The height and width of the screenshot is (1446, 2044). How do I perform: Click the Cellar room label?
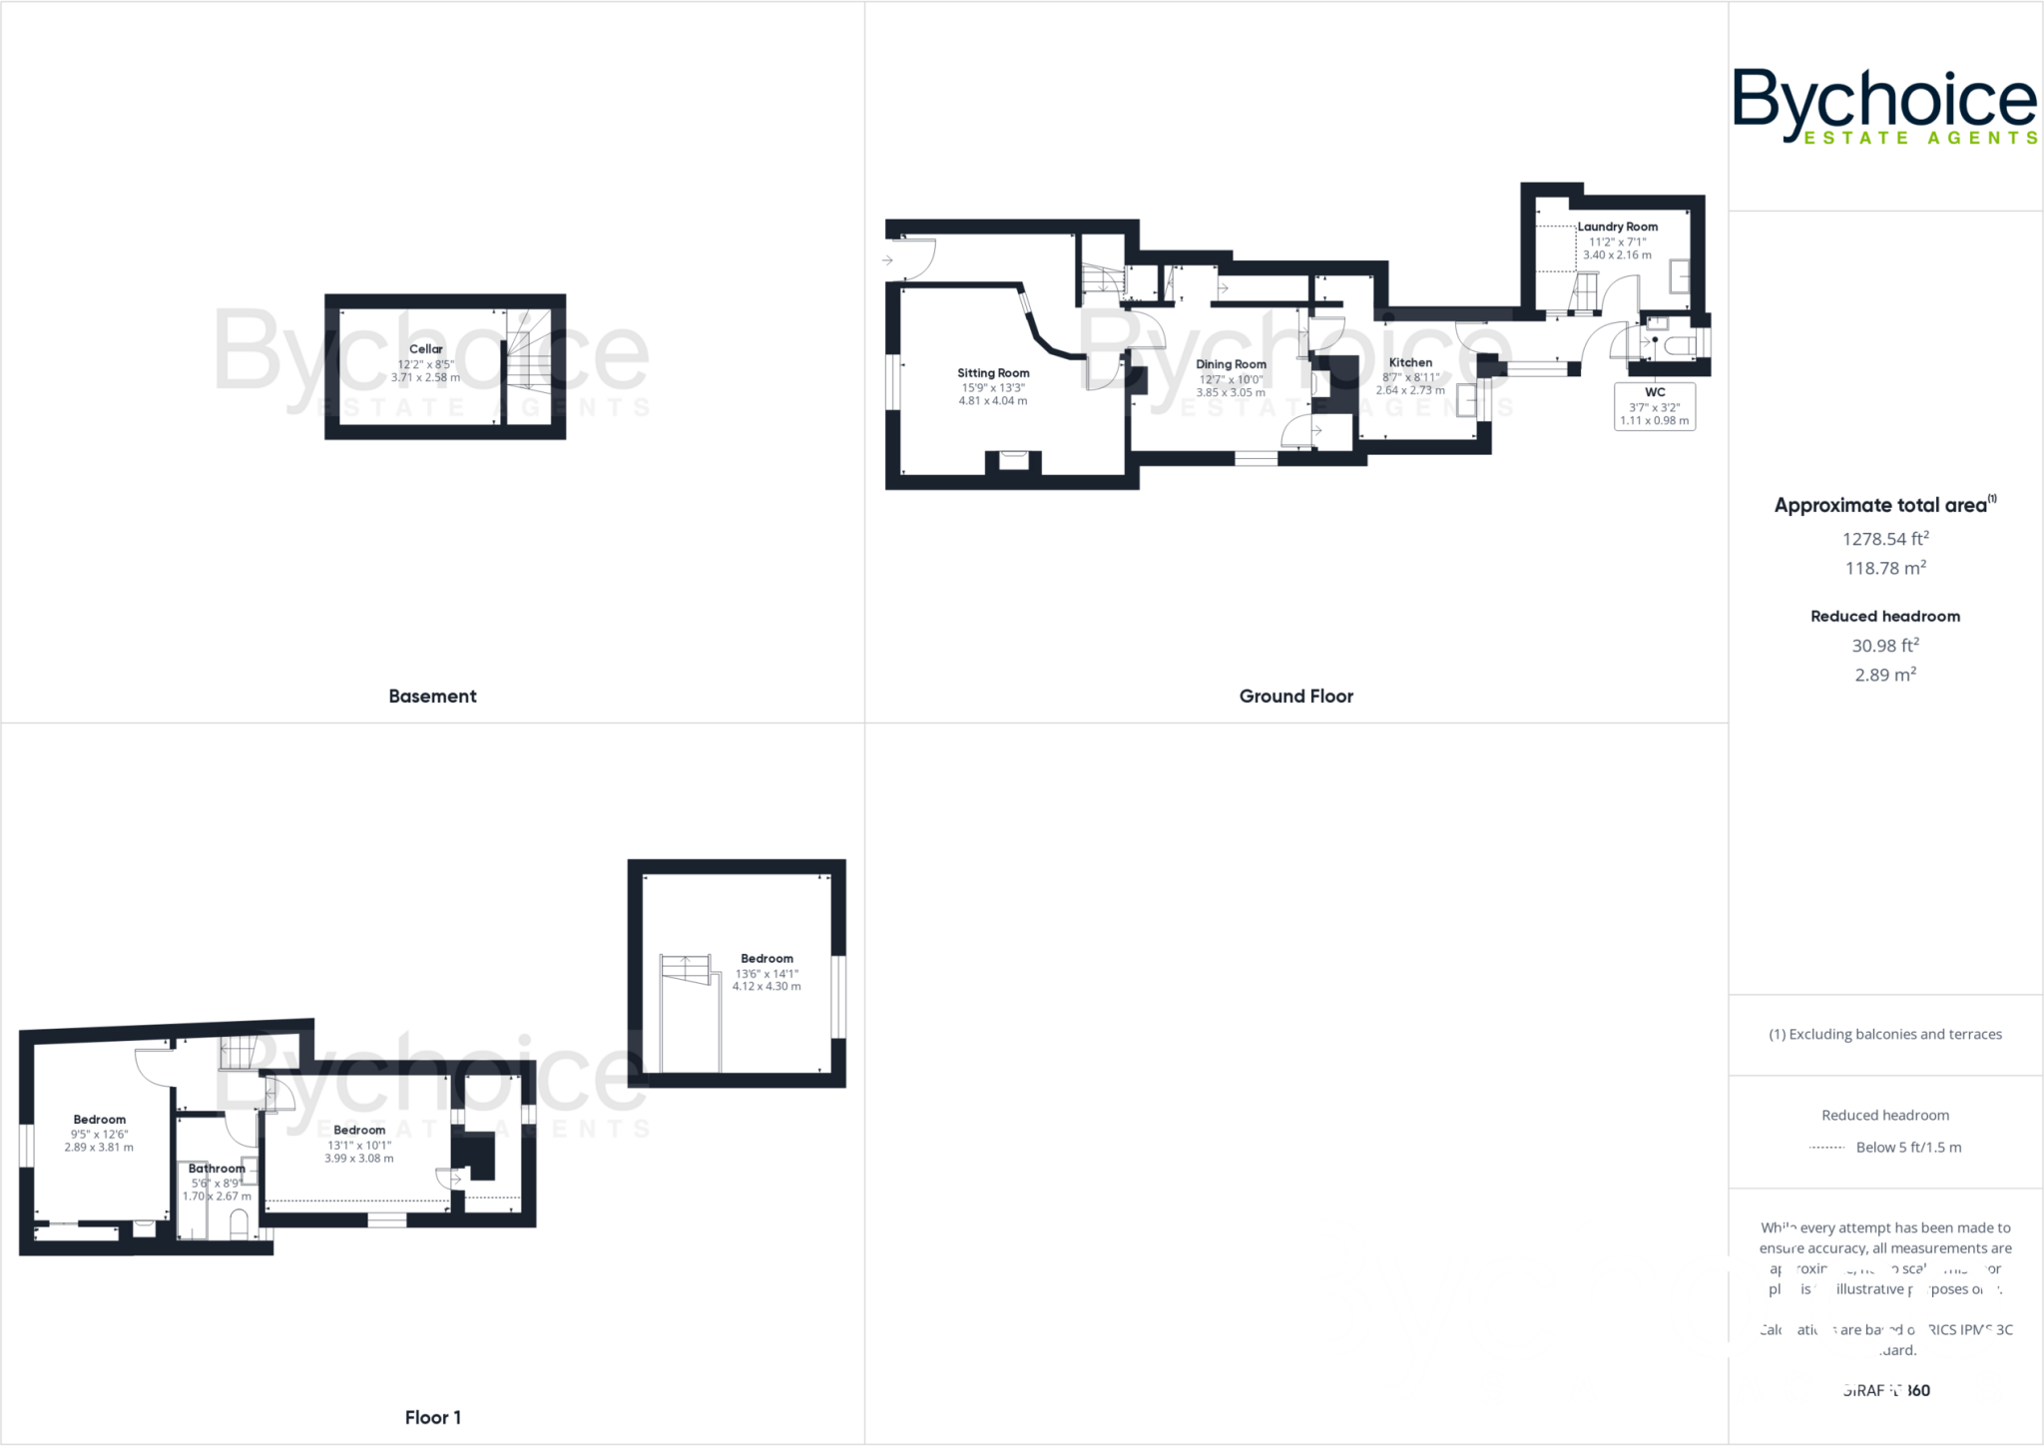point(425,349)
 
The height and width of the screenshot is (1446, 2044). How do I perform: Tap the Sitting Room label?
point(993,373)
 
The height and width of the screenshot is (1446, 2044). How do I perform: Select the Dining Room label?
point(1231,364)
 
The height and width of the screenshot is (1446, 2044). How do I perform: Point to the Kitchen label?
point(1410,362)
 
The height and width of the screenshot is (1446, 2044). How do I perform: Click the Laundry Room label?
point(1617,227)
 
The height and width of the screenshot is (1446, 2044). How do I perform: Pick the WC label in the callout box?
point(1655,392)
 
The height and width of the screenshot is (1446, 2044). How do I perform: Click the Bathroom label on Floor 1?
point(217,1169)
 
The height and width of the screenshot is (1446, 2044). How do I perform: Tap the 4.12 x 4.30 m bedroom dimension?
point(766,986)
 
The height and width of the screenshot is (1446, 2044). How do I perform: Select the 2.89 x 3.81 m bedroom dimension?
point(99,1148)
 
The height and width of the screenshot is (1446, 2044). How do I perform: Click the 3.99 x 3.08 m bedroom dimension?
point(358,1159)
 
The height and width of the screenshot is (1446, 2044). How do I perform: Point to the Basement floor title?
point(432,697)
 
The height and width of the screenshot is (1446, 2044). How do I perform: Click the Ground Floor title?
point(1295,697)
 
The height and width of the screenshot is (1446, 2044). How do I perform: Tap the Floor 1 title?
point(432,1417)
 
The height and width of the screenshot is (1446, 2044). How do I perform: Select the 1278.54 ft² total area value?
point(1884,539)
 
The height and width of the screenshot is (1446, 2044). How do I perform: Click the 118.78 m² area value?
point(1884,568)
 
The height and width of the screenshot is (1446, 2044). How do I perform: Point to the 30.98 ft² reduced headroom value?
point(1884,646)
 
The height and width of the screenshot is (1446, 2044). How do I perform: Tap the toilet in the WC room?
point(1680,345)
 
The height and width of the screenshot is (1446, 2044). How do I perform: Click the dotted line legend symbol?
point(1826,1148)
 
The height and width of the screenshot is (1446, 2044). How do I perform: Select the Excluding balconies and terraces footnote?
point(1884,1034)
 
